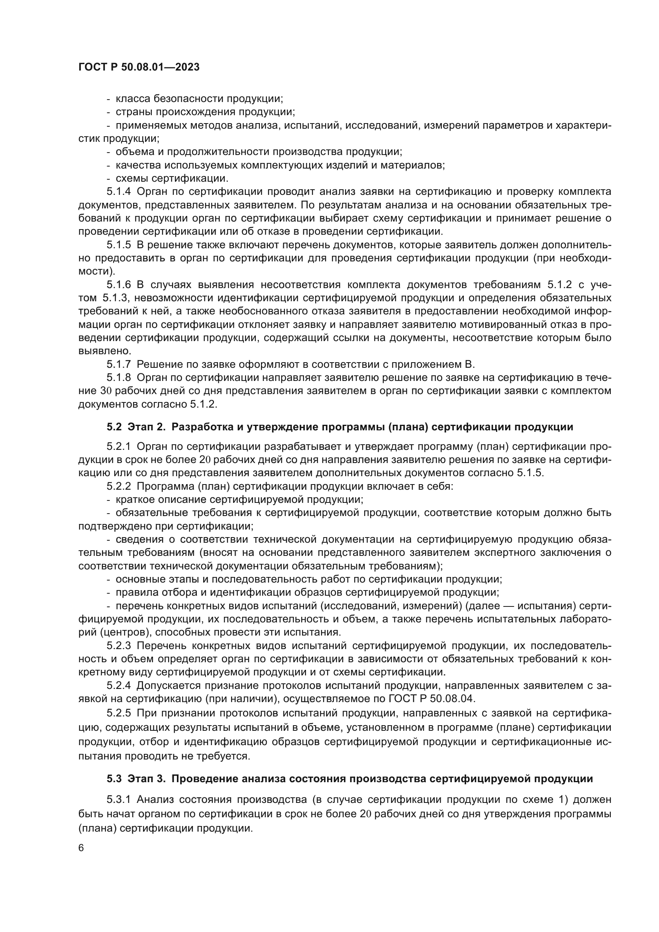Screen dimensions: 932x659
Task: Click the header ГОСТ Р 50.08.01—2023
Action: pyautogui.click(x=139, y=67)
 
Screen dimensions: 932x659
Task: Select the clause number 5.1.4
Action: pyautogui.click(x=119, y=192)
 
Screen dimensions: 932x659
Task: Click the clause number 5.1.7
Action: pyautogui.click(x=119, y=364)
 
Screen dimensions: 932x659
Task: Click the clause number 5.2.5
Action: pyautogui.click(x=119, y=713)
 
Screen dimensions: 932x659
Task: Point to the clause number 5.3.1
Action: pyautogui.click(x=119, y=799)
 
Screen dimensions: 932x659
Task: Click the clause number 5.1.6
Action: pyautogui.click(x=119, y=285)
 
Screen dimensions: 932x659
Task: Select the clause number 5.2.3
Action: pyautogui.click(x=119, y=646)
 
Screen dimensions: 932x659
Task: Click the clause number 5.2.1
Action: pyautogui.click(x=119, y=447)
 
